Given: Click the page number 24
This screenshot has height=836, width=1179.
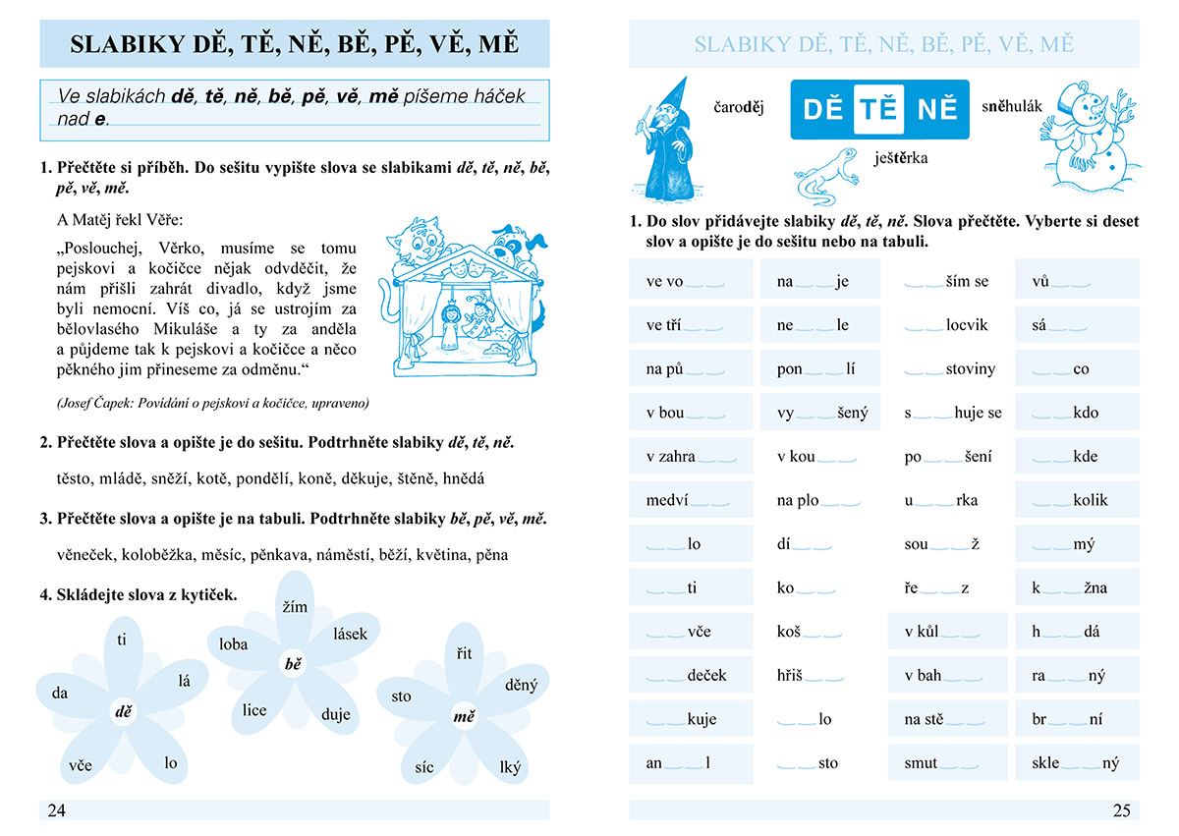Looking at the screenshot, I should click(x=56, y=810).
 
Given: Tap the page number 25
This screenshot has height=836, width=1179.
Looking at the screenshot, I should click(x=1121, y=810).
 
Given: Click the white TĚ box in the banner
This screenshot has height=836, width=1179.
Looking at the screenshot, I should click(x=878, y=109).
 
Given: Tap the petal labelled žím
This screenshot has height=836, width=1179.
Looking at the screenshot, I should click(x=294, y=607).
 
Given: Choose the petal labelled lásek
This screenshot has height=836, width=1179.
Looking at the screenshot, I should click(x=350, y=634).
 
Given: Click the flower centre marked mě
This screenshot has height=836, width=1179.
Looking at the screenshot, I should click(x=464, y=717).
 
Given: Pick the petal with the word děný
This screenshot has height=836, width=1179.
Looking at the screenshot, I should click(x=520, y=685).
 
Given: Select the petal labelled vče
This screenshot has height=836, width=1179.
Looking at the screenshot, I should click(x=81, y=763).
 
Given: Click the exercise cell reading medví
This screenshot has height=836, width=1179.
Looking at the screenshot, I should click(x=692, y=500).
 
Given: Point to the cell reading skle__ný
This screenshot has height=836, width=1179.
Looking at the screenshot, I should click(x=1077, y=762).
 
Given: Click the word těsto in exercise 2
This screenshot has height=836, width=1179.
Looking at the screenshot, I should click(x=76, y=478).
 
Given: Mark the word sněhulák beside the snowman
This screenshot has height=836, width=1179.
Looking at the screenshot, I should click(x=1011, y=105).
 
